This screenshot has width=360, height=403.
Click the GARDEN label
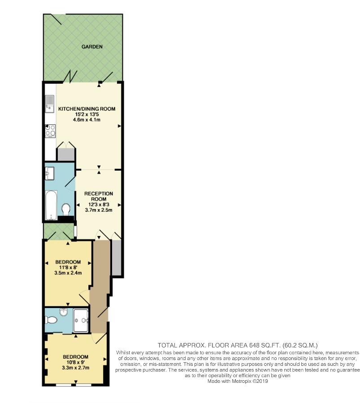coord(92,47)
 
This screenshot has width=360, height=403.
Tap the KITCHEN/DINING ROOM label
coord(87,109)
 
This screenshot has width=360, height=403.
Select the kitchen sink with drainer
coord(50,104)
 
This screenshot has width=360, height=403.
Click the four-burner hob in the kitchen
coord(50,131)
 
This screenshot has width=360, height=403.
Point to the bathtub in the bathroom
coord(51,205)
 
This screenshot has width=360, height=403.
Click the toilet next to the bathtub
coord(66,209)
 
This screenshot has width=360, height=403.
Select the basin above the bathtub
coord(49,173)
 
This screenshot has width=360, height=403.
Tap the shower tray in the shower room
coord(81,320)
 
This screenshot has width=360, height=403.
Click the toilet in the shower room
coord(51,320)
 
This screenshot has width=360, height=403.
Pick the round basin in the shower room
coord(64,312)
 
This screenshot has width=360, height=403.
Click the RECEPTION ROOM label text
coord(99,196)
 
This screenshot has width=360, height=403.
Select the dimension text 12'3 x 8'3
coord(99,205)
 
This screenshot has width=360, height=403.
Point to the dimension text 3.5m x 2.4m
coord(68,273)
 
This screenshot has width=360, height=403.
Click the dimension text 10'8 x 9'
coord(76,362)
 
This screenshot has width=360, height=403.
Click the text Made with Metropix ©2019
coord(238,381)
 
